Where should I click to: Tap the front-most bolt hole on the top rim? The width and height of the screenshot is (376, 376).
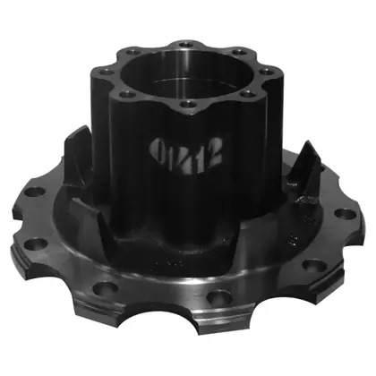coord(187,105)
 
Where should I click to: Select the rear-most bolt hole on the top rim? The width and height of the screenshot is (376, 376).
coord(184,42)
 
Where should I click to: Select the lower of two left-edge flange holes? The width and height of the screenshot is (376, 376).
coord(35,243)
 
